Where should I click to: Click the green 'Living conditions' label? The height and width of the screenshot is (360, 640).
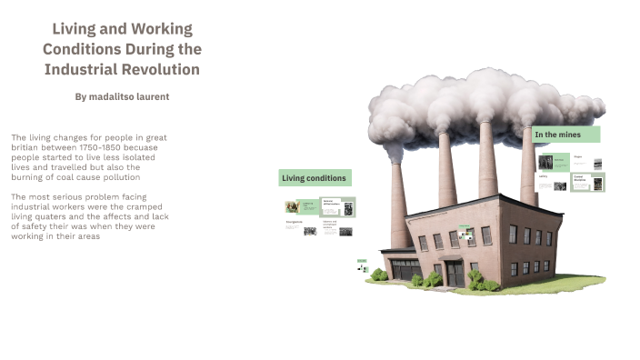coord(314,178)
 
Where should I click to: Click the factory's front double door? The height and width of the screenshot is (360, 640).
coord(453,274)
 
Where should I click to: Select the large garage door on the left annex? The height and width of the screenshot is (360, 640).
coord(405,269)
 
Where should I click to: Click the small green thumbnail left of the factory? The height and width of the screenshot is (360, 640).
coord(361,265)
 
